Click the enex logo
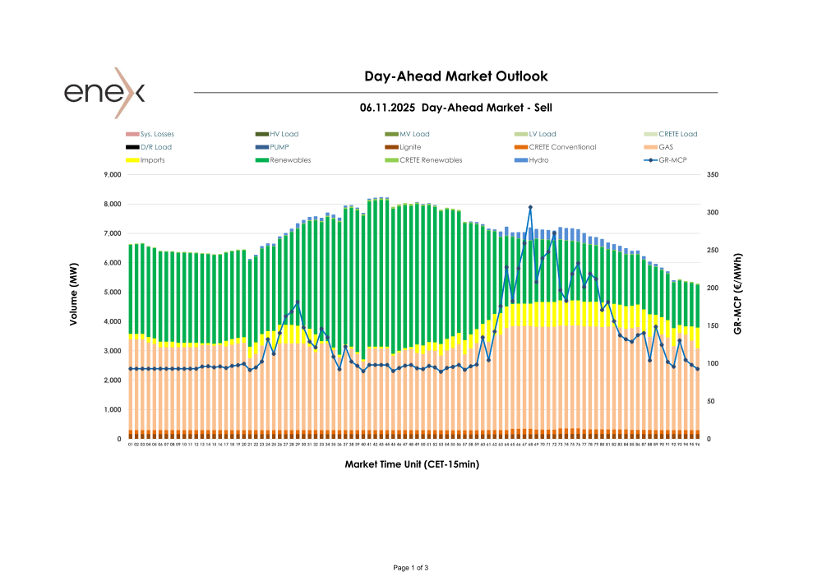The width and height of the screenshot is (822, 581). pyautogui.click(x=104, y=91)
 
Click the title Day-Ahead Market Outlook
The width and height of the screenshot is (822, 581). pyautogui.click(x=456, y=76)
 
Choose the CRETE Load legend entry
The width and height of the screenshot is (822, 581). pyautogui.click(x=677, y=134)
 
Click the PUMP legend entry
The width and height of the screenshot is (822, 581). pyautogui.click(x=279, y=147)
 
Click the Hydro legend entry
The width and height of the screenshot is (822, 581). pyautogui.click(x=538, y=160)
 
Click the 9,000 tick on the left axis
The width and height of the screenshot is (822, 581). pyautogui.click(x=111, y=175)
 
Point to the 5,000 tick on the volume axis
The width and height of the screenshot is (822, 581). pyautogui.click(x=111, y=293)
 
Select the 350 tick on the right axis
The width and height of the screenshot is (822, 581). pyautogui.click(x=713, y=175)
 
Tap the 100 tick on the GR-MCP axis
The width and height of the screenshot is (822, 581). pyautogui.click(x=713, y=364)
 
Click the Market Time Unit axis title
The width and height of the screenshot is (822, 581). pyautogui.click(x=412, y=464)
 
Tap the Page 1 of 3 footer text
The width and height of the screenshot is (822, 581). pyautogui.click(x=411, y=568)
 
